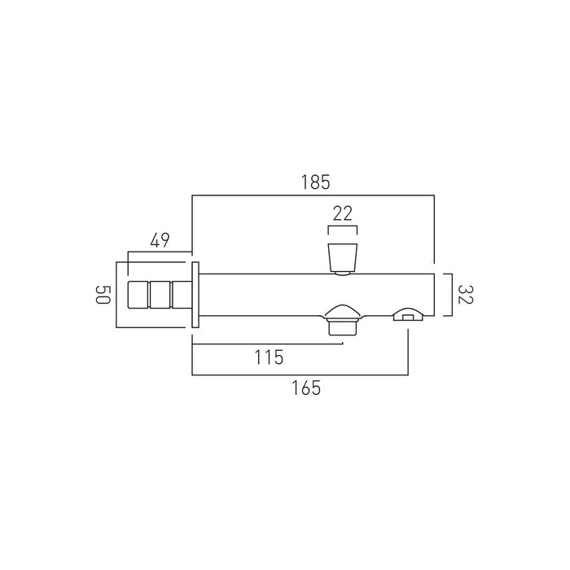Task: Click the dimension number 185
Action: (x=316, y=182)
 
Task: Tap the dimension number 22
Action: (x=343, y=213)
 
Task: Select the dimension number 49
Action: (x=160, y=240)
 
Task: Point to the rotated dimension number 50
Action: (x=103, y=295)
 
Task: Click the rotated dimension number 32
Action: (x=466, y=295)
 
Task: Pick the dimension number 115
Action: (x=269, y=357)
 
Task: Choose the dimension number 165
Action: (x=306, y=388)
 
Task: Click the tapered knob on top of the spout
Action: (x=343, y=258)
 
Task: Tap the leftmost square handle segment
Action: (x=138, y=295)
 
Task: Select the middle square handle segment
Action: (x=160, y=295)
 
